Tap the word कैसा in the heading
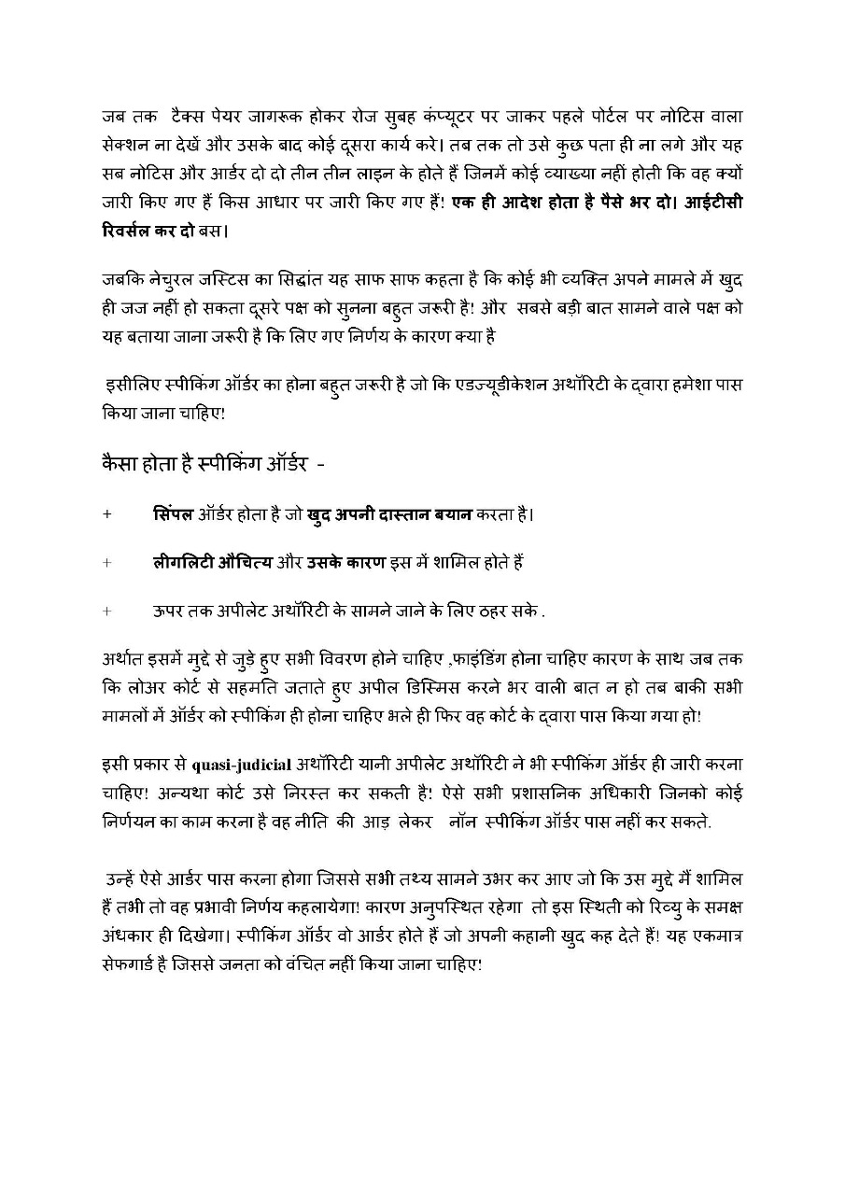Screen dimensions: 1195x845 (121, 463)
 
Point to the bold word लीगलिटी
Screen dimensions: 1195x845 (185, 563)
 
